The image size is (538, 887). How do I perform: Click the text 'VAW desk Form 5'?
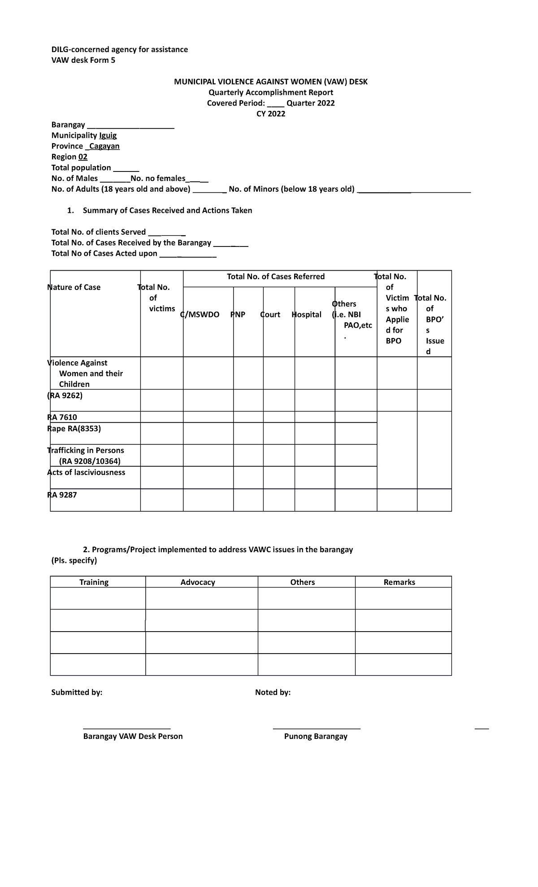[83, 60]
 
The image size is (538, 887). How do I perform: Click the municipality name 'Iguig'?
[108, 135]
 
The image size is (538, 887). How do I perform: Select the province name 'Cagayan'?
[104, 146]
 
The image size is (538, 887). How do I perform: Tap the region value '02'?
[83, 157]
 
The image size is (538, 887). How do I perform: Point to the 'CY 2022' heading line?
[270, 114]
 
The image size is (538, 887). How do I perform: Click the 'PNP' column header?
[238, 314]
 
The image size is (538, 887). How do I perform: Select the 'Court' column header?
[270, 314]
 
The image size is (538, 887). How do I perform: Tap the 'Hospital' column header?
[307, 314]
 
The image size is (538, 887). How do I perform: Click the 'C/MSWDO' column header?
[200, 314]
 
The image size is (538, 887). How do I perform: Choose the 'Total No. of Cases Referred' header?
[276, 277]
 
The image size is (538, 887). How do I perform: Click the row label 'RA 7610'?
[62, 417]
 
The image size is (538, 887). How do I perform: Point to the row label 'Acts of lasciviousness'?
[86, 472]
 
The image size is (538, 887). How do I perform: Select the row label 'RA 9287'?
[62, 495]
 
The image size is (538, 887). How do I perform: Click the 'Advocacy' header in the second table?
[198, 582]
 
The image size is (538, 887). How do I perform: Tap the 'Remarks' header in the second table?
[399, 582]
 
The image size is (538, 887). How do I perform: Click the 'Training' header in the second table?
[94, 582]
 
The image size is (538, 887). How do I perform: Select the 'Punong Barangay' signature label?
[316, 736]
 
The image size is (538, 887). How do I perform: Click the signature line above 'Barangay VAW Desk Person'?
[127, 728]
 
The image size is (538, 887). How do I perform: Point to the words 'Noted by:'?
[273, 692]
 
